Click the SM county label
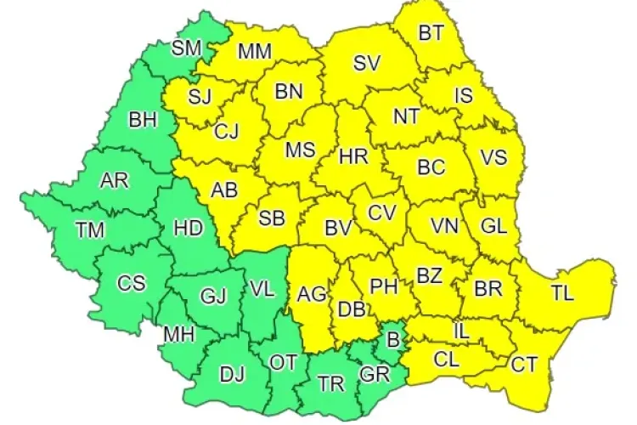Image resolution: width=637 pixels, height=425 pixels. coord(186,48)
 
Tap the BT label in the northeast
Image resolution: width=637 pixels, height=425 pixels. coord(431,34)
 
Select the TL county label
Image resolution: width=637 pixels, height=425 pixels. coord(562,294)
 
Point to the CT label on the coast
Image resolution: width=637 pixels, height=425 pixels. coord(523,365)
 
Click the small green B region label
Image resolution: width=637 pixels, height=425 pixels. coord(392,341)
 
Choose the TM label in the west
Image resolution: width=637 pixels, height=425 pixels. coord(90,229)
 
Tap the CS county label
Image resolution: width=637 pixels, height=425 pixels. coord(132,283)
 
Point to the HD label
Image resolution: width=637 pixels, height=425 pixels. coord(187,227)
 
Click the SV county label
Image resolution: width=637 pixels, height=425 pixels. coord(367,62)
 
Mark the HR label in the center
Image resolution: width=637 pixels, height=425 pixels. coord(352,156)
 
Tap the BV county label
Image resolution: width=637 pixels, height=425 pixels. coord(339,228)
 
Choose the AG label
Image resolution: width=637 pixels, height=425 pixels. coord(312,294)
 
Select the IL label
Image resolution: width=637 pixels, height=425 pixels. coord(461,327)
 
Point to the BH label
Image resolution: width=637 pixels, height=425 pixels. coord(142,119)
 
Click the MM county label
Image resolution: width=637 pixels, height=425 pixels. coord(255,52)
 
